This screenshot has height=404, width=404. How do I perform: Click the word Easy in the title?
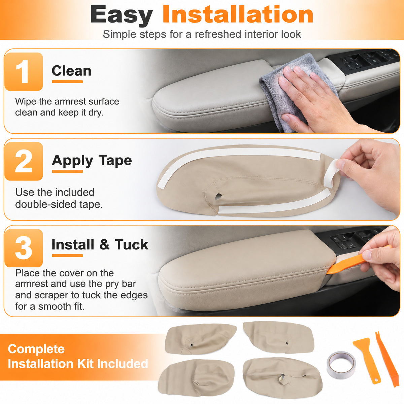pos(122,15)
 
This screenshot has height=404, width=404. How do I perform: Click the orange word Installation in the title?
pos(238,14)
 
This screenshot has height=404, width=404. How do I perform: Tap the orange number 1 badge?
pos(24,71)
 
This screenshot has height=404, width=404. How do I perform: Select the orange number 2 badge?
pos(24,161)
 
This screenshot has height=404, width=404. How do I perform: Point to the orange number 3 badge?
pos(24,248)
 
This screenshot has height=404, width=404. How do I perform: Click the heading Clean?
pos(71,71)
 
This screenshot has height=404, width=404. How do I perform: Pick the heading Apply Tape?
pos(92,161)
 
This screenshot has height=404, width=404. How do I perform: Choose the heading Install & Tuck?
pos(100,244)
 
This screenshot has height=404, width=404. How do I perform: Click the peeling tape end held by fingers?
pos(331,173)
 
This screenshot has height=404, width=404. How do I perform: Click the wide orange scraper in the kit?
pos(367,360)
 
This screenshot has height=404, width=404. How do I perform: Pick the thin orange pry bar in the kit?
pos(387,358)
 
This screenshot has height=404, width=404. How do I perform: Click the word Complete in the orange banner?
pos(36,349)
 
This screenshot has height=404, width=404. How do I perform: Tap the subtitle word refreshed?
pos(218,34)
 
